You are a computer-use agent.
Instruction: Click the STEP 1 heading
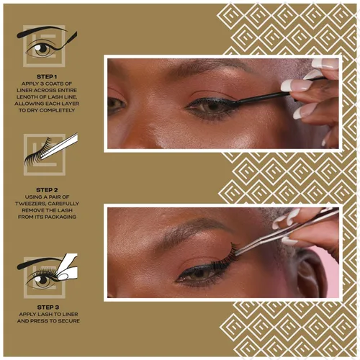coord(48,75)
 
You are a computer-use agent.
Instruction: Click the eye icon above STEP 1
coord(45,48)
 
